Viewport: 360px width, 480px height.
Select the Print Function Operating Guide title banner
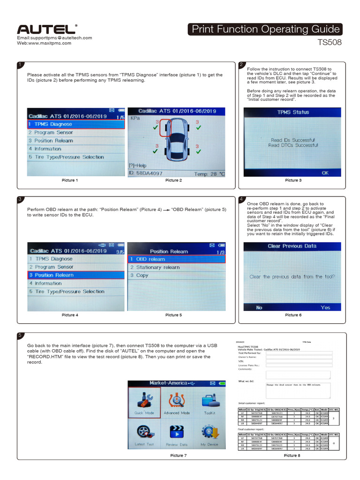265,29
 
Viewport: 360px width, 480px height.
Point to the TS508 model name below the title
330,43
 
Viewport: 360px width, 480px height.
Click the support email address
54,37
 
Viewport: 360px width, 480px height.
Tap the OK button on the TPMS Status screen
325,173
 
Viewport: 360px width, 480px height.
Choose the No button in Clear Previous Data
259,307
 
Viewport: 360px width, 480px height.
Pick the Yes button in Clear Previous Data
325,307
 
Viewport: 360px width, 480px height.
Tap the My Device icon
209,434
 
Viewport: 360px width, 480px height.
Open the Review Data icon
177,434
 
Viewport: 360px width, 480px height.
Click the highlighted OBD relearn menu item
176,259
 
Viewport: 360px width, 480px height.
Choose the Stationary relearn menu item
157,267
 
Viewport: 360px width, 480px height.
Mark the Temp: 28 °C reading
209,174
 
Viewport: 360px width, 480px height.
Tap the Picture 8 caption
292,455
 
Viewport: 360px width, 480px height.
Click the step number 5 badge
20,335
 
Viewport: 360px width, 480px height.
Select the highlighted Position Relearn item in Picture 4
75,275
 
